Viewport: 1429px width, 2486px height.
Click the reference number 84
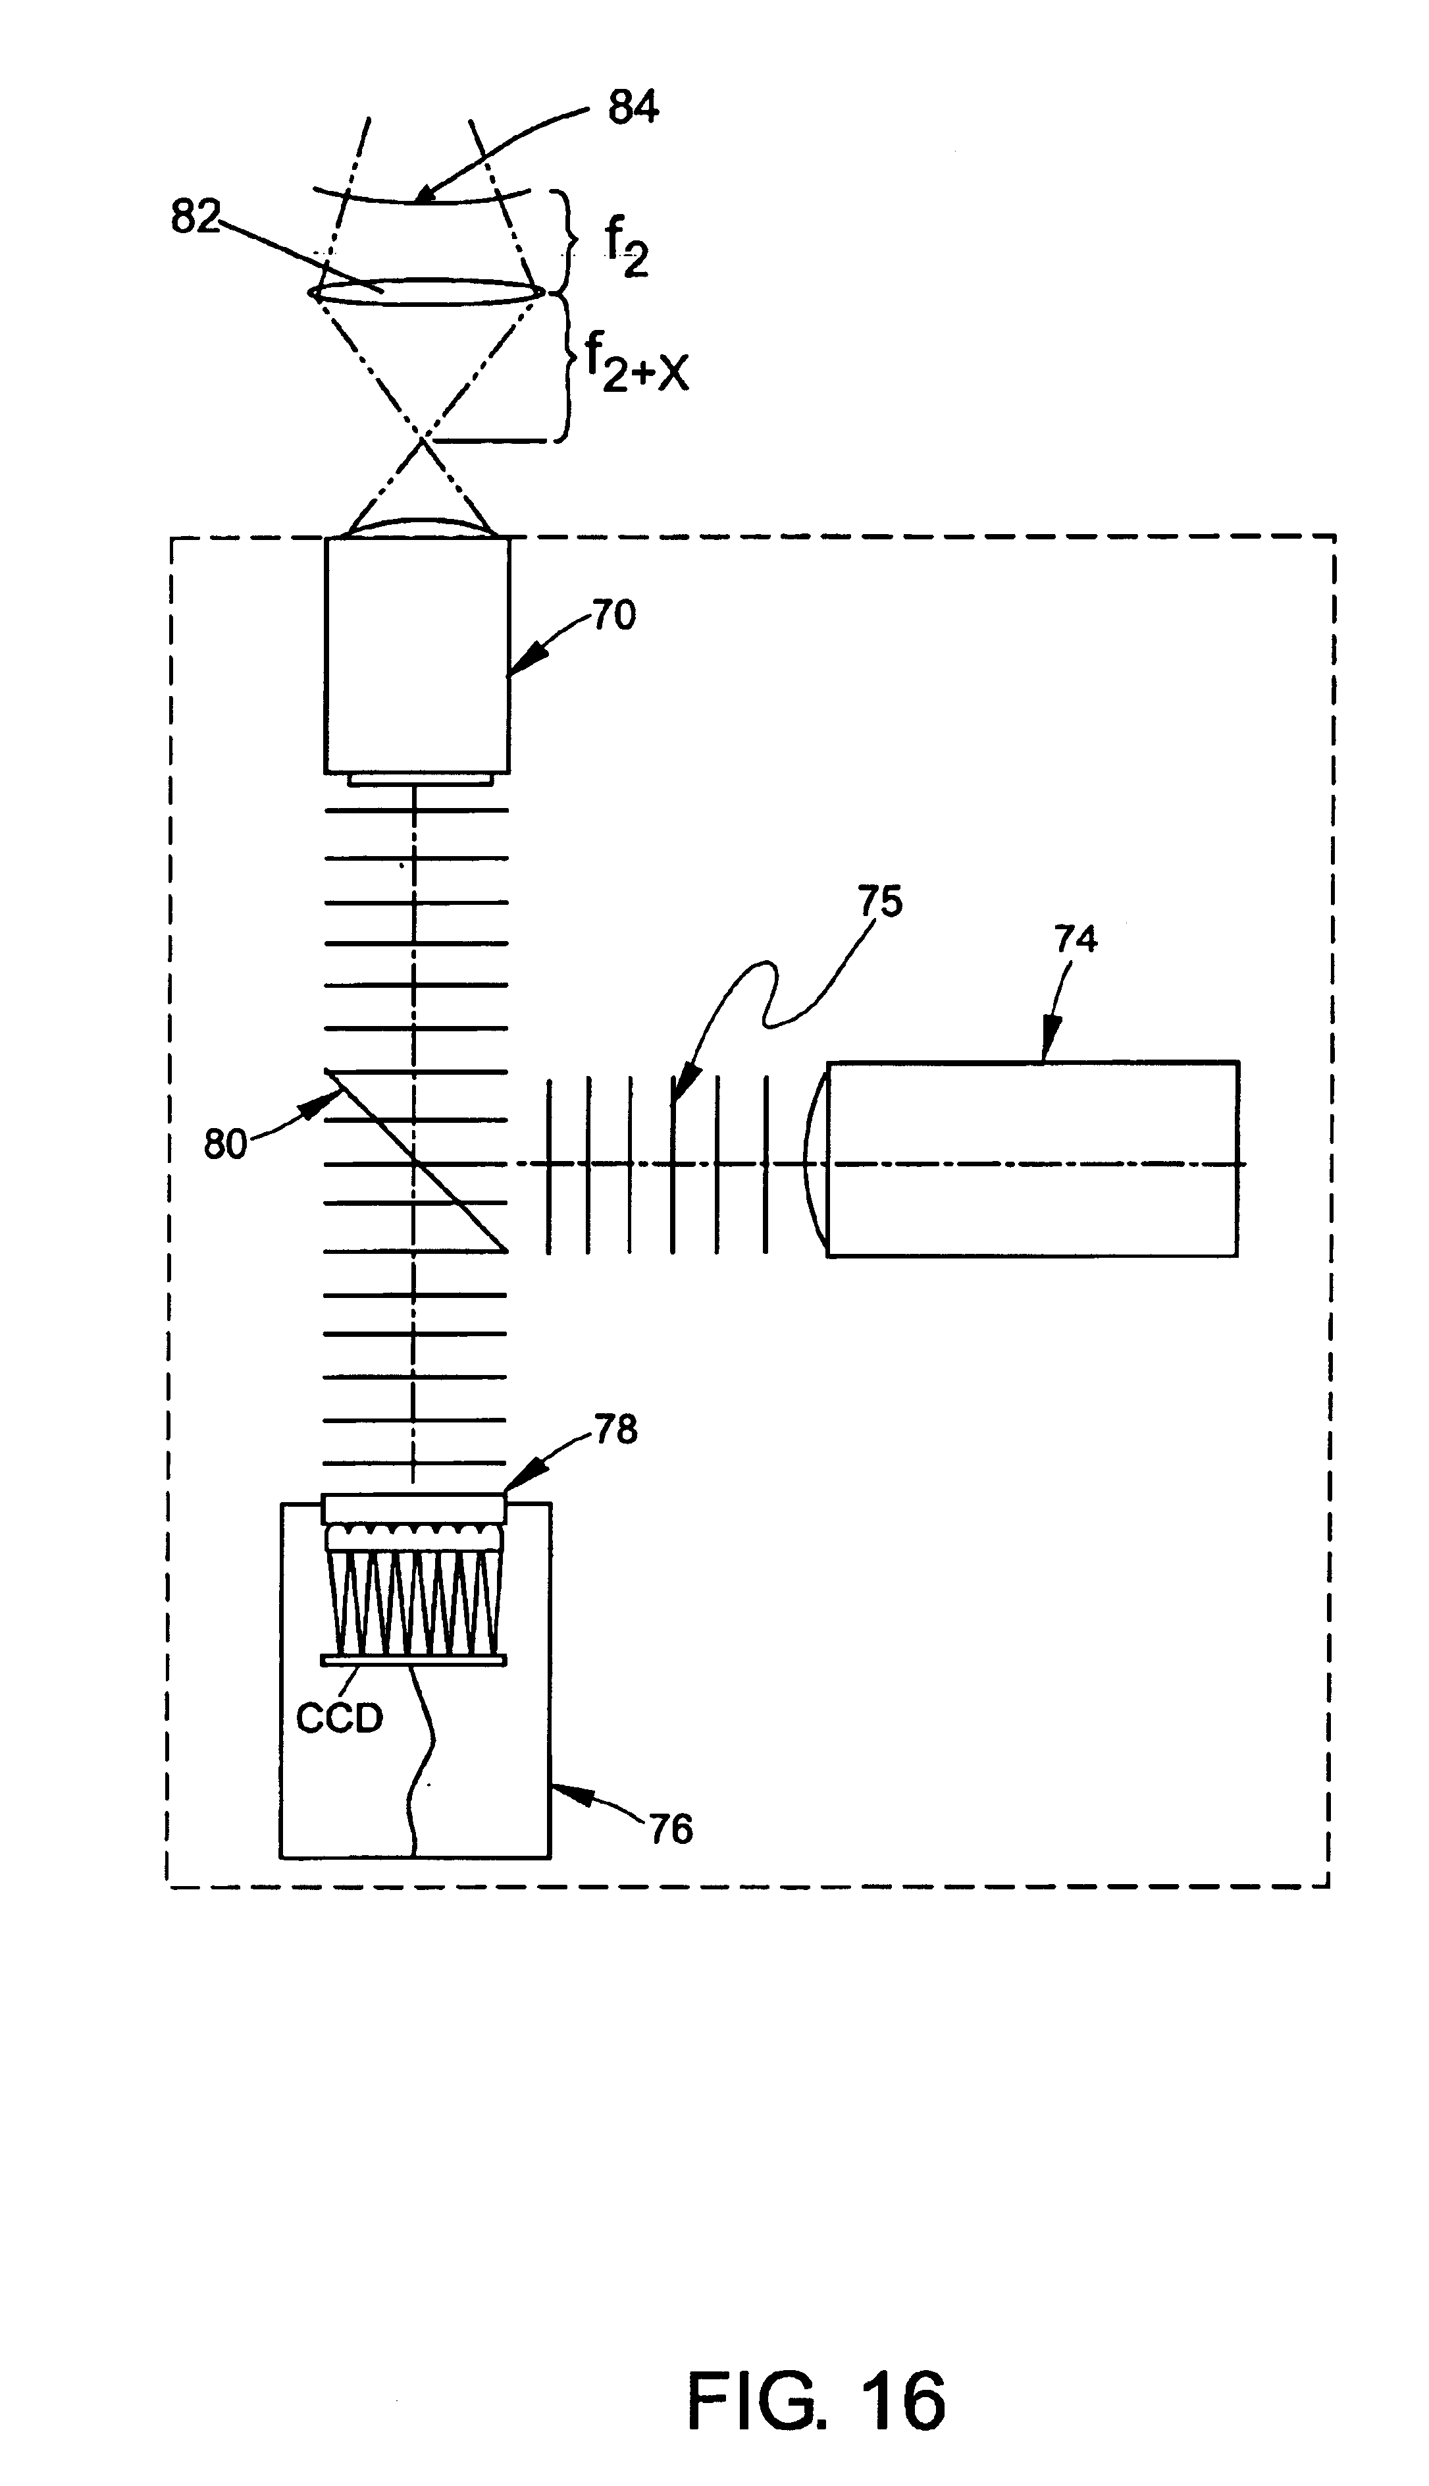click(x=633, y=107)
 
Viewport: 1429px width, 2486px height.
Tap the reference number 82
click(x=195, y=216)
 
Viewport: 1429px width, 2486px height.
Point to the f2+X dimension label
click(x=636, y=362)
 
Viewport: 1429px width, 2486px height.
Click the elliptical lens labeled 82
click(x=426, y=292)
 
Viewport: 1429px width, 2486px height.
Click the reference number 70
click(x=613, y=616)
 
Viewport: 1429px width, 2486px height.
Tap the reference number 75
click(x=880, y=902)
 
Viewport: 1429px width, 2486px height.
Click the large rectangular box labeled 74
click(x=1033, y=1158)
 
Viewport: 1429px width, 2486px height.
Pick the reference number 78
click(x=615, y=1430)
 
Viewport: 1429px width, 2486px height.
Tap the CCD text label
click(x=340, y=1718)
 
